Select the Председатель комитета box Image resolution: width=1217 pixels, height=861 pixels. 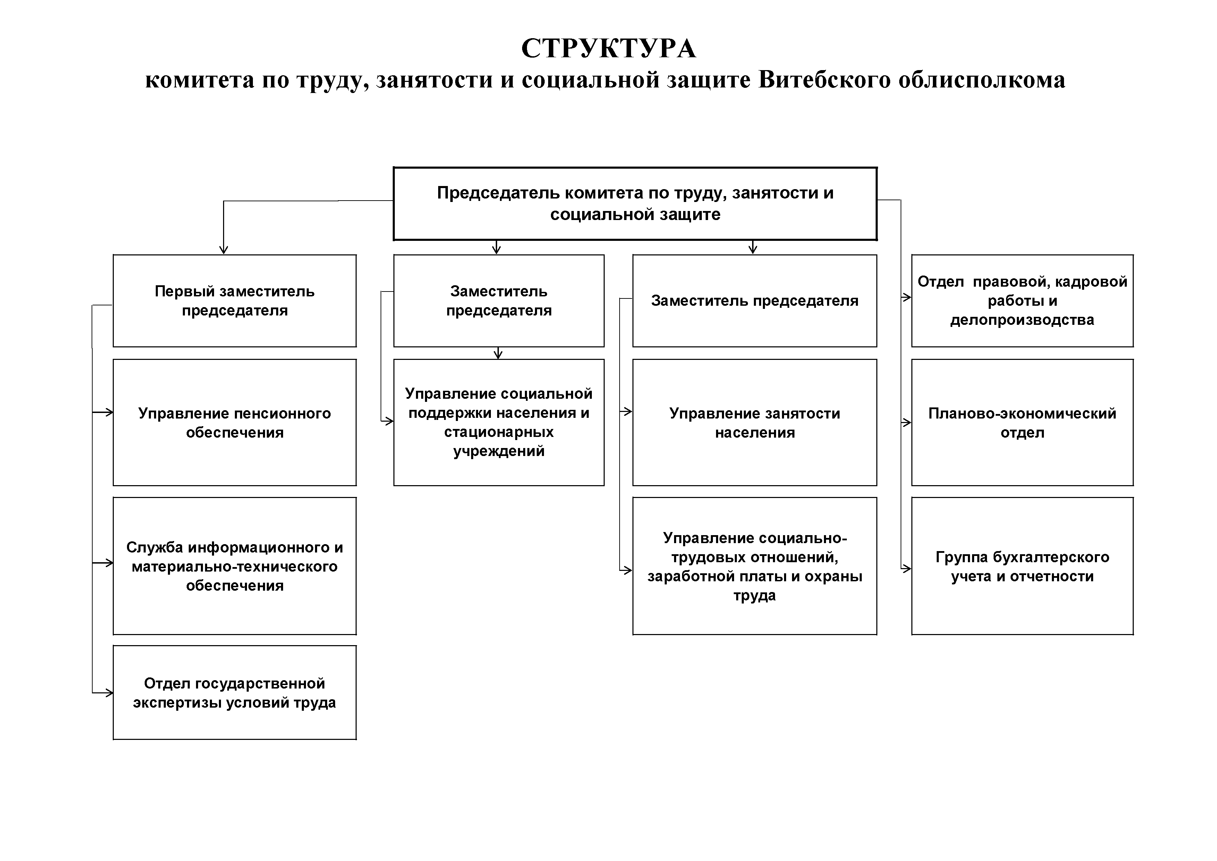pyautogui.click(x=635, y=204)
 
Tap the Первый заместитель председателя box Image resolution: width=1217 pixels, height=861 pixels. pyautogui.click(x=234, y=301)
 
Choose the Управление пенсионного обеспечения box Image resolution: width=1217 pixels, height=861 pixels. pyautogui.click(x=234, y=423)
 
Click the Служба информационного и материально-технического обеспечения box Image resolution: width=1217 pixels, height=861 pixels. pyautogui.click(x=234, y=566)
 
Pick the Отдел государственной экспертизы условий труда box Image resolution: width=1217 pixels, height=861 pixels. pyautogui.click(x=234, y=692)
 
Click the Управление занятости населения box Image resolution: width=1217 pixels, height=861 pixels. pyautogui.click(x=754, y=423)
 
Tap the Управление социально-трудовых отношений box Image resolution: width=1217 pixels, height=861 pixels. pyautogui.click(x=754, y=566)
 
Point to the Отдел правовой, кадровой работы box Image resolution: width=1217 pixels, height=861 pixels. pyautogui.click(x=1022, y=301)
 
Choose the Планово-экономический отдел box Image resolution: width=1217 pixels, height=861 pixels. pyautogui.click(x=1022, y=423)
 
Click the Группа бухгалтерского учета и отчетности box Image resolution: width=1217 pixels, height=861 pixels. pyautogui.click(x=1022, y=566)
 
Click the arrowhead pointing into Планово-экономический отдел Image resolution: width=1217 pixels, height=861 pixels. pyautogui.click(x=908, y=423)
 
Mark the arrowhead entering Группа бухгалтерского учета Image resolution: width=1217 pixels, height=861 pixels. pyautogui.click(x=908, y=568)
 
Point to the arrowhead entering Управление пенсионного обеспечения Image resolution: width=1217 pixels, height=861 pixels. pyautogui.click(x=109, y=412)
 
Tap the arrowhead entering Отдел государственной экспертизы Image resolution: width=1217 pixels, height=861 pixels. pyautogui.click(x=109, y=692)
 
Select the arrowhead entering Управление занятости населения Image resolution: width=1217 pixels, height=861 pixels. pyautogui.click(x=629, y=411)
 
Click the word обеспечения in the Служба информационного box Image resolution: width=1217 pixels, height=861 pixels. pyautogui.click(x=234, y=586)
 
